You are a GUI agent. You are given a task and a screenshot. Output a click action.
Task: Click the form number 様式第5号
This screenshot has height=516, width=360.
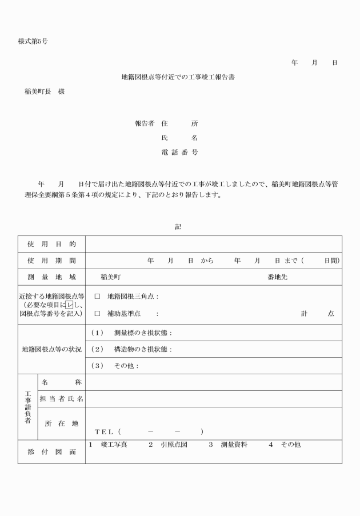[x=32, y=42]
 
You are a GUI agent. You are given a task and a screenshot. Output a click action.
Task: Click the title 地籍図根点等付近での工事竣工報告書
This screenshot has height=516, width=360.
[x=178, y=77]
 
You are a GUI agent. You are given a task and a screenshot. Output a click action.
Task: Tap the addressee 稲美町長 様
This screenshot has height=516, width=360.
[x=45, y=91]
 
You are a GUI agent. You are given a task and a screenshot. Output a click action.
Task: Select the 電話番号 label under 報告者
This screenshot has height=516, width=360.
[x=180, y=153]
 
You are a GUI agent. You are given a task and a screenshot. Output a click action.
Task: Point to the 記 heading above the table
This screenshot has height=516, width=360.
[x=178, y=227]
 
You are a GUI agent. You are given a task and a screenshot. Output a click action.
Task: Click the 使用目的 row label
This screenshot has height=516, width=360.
[x=51, y=244]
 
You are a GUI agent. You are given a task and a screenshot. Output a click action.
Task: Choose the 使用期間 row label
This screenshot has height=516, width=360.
[x=51, y=261]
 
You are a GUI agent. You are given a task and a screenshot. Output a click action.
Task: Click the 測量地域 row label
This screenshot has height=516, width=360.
[x=51, y=277]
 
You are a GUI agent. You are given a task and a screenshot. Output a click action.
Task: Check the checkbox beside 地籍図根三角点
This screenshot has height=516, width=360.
[x=97, y=297]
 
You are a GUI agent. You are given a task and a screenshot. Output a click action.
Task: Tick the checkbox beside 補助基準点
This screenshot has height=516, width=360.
[x=97, y=314]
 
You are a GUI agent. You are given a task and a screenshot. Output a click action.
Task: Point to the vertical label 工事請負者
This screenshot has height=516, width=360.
[x=27, y=407]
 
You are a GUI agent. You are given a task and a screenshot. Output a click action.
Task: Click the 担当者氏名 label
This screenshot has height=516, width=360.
[x=61, y=399]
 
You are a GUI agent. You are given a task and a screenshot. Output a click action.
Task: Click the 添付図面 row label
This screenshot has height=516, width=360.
[x=51, y=451]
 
